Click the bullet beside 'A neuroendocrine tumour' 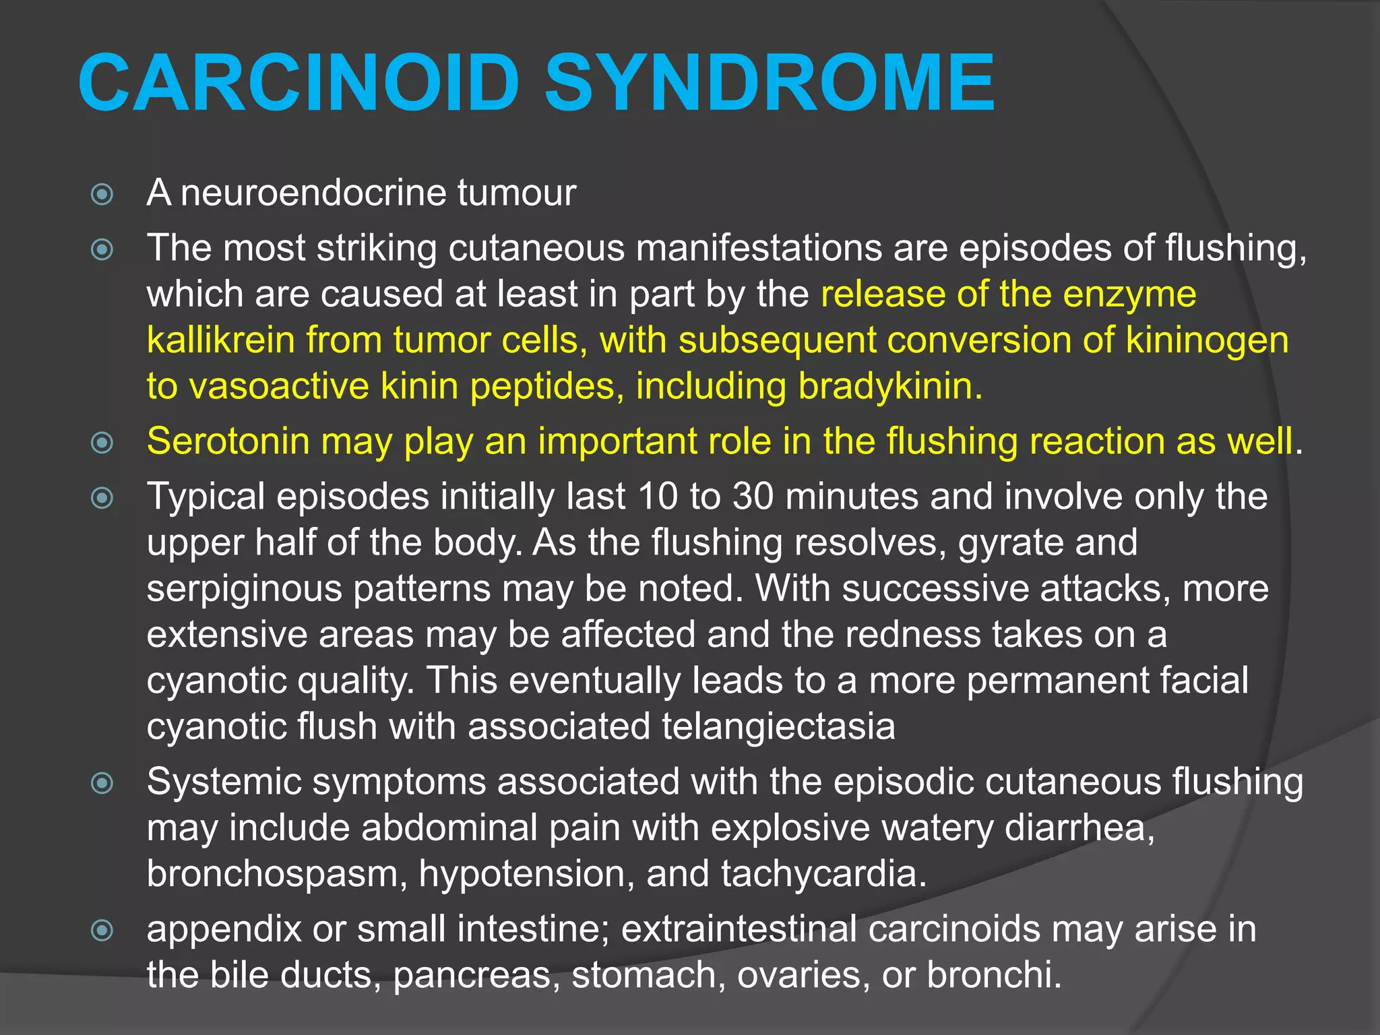tap(102, 195)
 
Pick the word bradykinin tap(889, 387)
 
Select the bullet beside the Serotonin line tap(102, 443)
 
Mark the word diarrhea tap(1079, 828)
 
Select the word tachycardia tap(823, 874)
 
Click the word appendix tap(223, 931)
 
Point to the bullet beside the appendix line tap(102, 931)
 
